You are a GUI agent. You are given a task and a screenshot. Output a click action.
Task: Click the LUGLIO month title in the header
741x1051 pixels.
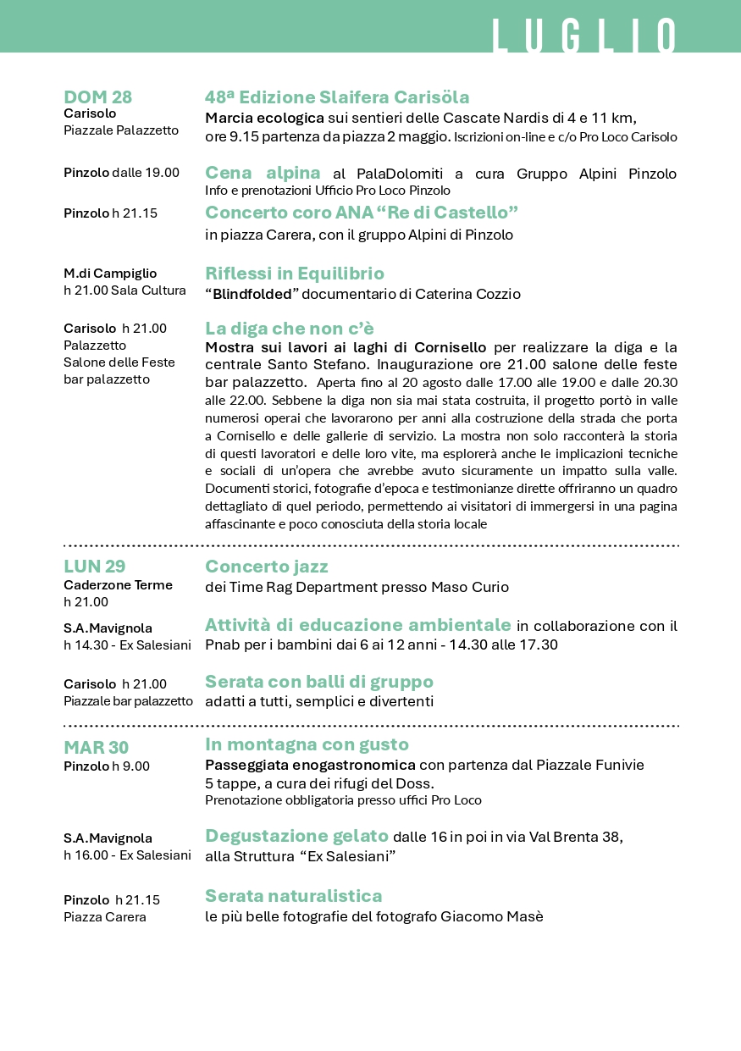584,36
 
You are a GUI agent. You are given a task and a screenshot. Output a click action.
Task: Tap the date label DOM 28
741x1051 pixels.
98,97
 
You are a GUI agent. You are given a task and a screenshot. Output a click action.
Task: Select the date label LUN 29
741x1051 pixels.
95,567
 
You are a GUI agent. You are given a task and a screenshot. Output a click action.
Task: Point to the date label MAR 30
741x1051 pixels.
96,748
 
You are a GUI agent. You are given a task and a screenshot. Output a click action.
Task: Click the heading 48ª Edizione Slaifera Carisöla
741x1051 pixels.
337,97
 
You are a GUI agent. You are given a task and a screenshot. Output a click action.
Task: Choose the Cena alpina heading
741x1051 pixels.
263,173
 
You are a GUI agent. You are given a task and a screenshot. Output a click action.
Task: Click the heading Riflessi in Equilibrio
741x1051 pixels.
295,274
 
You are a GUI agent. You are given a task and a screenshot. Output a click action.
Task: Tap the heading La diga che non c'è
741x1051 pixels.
290,329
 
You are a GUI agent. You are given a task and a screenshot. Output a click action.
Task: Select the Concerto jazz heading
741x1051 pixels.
267,567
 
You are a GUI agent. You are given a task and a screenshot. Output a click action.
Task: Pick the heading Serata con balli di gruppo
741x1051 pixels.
319,682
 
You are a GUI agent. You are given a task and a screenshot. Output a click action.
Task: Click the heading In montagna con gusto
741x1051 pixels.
307,744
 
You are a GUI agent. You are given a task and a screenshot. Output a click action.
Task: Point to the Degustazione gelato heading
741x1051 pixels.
296,836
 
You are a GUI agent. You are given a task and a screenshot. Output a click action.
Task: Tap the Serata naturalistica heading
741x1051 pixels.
294,896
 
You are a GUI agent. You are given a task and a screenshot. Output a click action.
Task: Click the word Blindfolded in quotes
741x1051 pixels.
251,295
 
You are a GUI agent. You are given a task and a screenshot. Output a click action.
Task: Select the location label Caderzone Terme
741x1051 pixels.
118,585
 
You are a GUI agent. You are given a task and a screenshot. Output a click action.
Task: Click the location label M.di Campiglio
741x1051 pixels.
110,274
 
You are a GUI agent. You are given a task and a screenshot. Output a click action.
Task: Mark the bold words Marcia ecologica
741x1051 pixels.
265,118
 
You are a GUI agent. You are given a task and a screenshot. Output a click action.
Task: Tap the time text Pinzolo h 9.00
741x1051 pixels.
107,766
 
